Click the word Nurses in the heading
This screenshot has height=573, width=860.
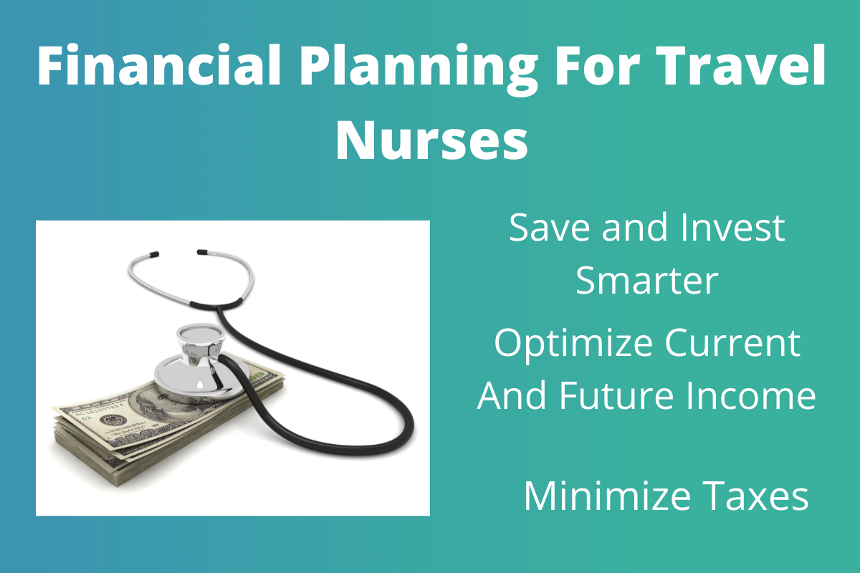click(x=431, y=141)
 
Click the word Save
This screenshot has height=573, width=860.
click(x=549, y=228)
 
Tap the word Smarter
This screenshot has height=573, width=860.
click(x=646, y=281)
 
